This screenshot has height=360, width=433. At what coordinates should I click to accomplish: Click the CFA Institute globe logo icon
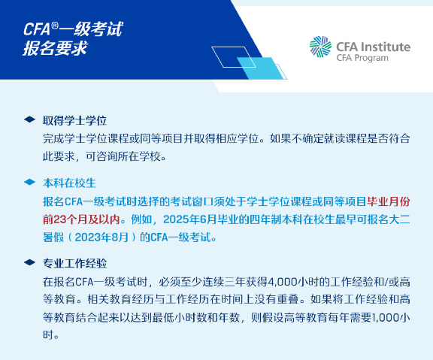pos(321,47)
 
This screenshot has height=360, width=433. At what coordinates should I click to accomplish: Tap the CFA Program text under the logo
pos(364,58)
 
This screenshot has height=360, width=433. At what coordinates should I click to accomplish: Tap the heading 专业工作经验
pos(75,264)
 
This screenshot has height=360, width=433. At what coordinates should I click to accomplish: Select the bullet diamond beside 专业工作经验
pos(29,264)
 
